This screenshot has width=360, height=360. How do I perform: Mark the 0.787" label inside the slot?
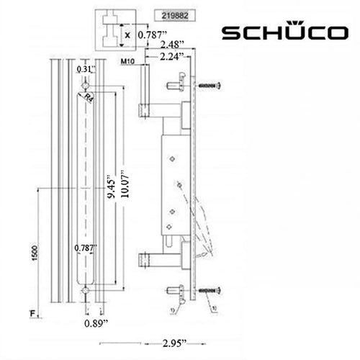[x=86, y=248]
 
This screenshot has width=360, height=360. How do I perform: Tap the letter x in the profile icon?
[x=127, y=32]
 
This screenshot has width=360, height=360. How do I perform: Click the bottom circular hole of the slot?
[x=86, y=290]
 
